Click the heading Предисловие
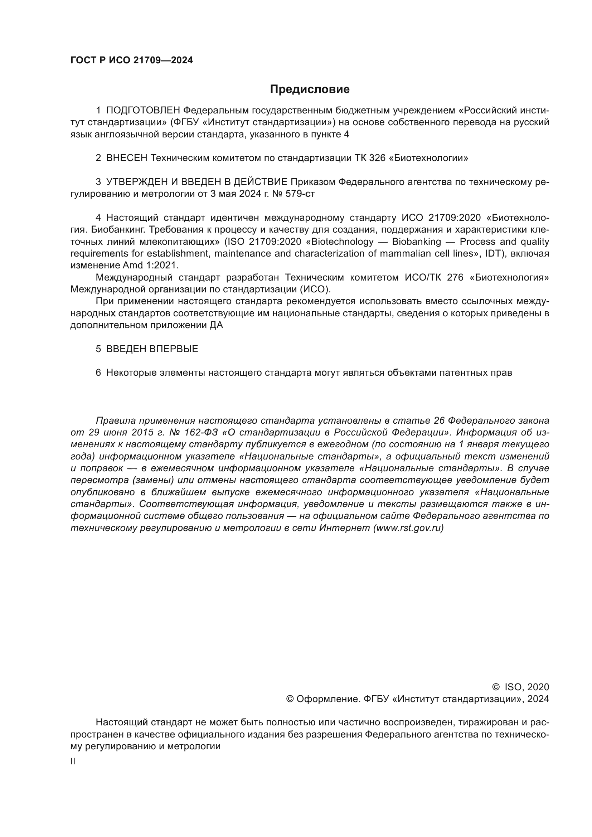click(310, 89)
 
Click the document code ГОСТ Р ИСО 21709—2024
click(131, 60)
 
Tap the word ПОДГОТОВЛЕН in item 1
click(143, 111)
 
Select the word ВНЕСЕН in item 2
click(126, 158)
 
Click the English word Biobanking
click(416, 242)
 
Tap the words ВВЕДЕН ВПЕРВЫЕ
click(152, 349)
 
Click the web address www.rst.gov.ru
click(408, 528)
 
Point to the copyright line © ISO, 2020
click(520, 687)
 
